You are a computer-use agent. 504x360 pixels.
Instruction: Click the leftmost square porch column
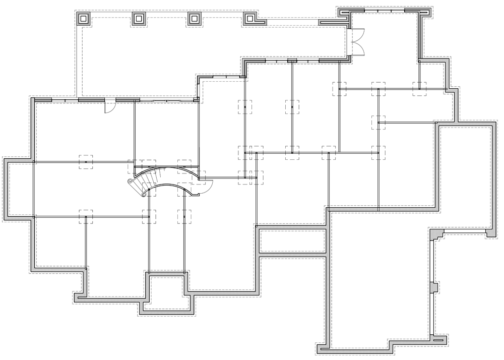tap(84, 19)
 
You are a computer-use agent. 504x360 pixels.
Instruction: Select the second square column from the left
tap(139, 19)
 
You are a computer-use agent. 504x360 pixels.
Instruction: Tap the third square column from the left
tap(195, 19)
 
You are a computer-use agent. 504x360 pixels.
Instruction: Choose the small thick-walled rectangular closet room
tap(292, 242)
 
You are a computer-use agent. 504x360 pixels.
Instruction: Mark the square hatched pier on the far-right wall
tap(434, 287)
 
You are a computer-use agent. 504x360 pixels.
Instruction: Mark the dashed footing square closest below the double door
tap(339, 88)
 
